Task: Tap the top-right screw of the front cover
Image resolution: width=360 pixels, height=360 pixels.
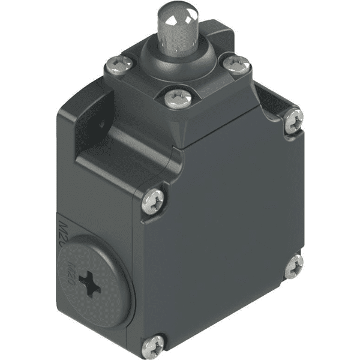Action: [293, 121]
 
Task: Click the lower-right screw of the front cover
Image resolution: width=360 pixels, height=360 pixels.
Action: [293, 266]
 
